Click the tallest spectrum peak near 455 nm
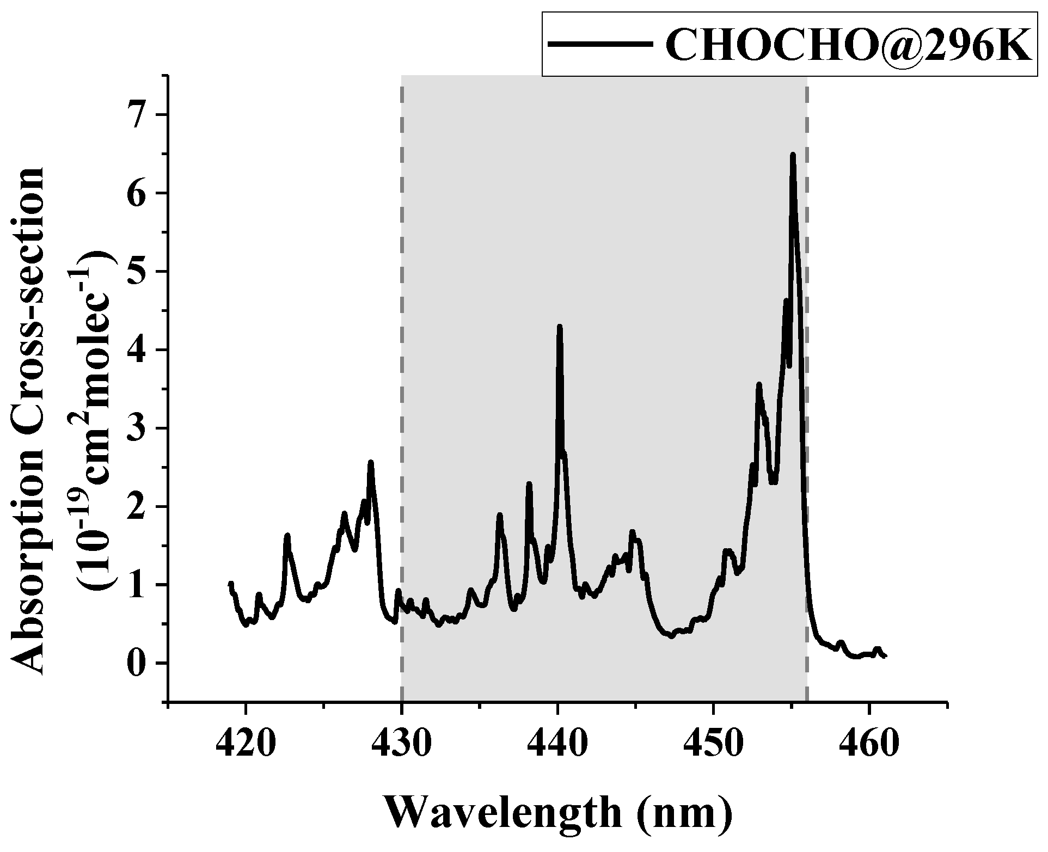tap(793, 156)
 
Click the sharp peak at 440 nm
tap(559, 327)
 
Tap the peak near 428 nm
tap(371, 463)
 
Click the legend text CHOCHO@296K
tap(847, 45)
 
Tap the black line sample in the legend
tap(599, 45)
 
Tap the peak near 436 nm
tap(499, 515)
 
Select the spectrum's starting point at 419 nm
tap(230, 584)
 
